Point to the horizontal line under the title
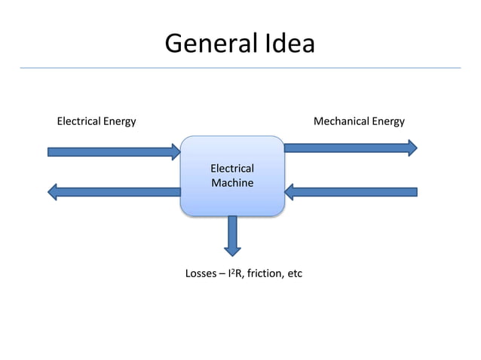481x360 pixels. point(240,68)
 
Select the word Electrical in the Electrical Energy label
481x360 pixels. point(78,121)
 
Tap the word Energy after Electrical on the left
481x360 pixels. point(119,122)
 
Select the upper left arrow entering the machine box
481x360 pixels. point(113,152)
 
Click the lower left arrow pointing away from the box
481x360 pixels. point(113,192)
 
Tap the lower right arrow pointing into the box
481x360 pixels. point(351,192)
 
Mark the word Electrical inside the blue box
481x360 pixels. point(231,169)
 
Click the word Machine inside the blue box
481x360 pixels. point(231,183)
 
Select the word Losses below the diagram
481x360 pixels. point(201,273)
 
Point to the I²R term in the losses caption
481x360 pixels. point(235,273)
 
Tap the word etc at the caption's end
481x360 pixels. point(294,273)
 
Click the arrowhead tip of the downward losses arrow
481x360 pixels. point(232,254)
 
